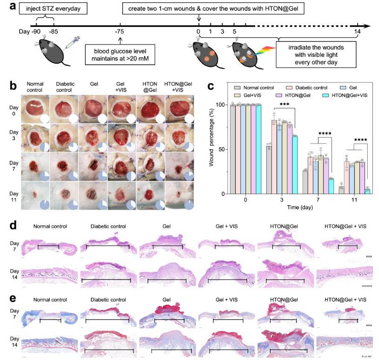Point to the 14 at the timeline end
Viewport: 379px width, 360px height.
pos(358,32)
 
